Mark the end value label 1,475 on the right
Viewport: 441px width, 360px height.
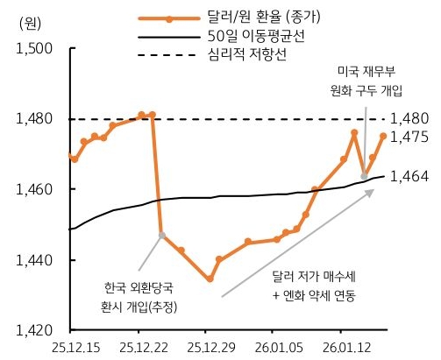(x=409, y=137)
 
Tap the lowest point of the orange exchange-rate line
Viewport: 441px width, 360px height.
(x=210, y=279)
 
